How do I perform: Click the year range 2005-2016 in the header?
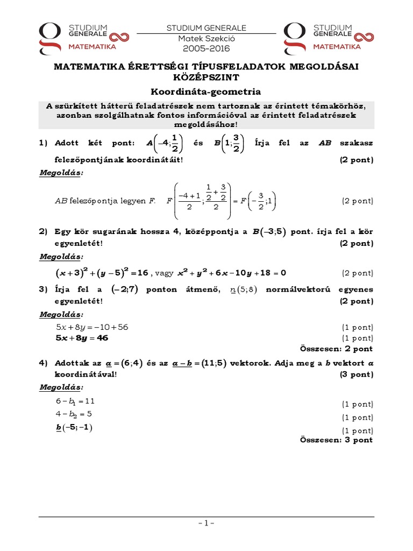(206, 48)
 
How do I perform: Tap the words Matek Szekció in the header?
(206, 38)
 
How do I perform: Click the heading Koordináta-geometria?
(206, 91)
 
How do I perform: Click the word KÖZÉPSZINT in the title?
(206, 77)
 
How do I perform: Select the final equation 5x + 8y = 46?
(82, 338)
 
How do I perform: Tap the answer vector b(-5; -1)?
(74, 427)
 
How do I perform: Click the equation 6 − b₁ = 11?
(75, 401)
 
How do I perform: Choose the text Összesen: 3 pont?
(336, 440)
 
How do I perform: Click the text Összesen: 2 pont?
(336, 348)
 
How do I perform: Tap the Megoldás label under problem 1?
(62, 173)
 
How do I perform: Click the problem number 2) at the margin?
(44, 231)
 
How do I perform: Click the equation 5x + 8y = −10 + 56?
(92, 327)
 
